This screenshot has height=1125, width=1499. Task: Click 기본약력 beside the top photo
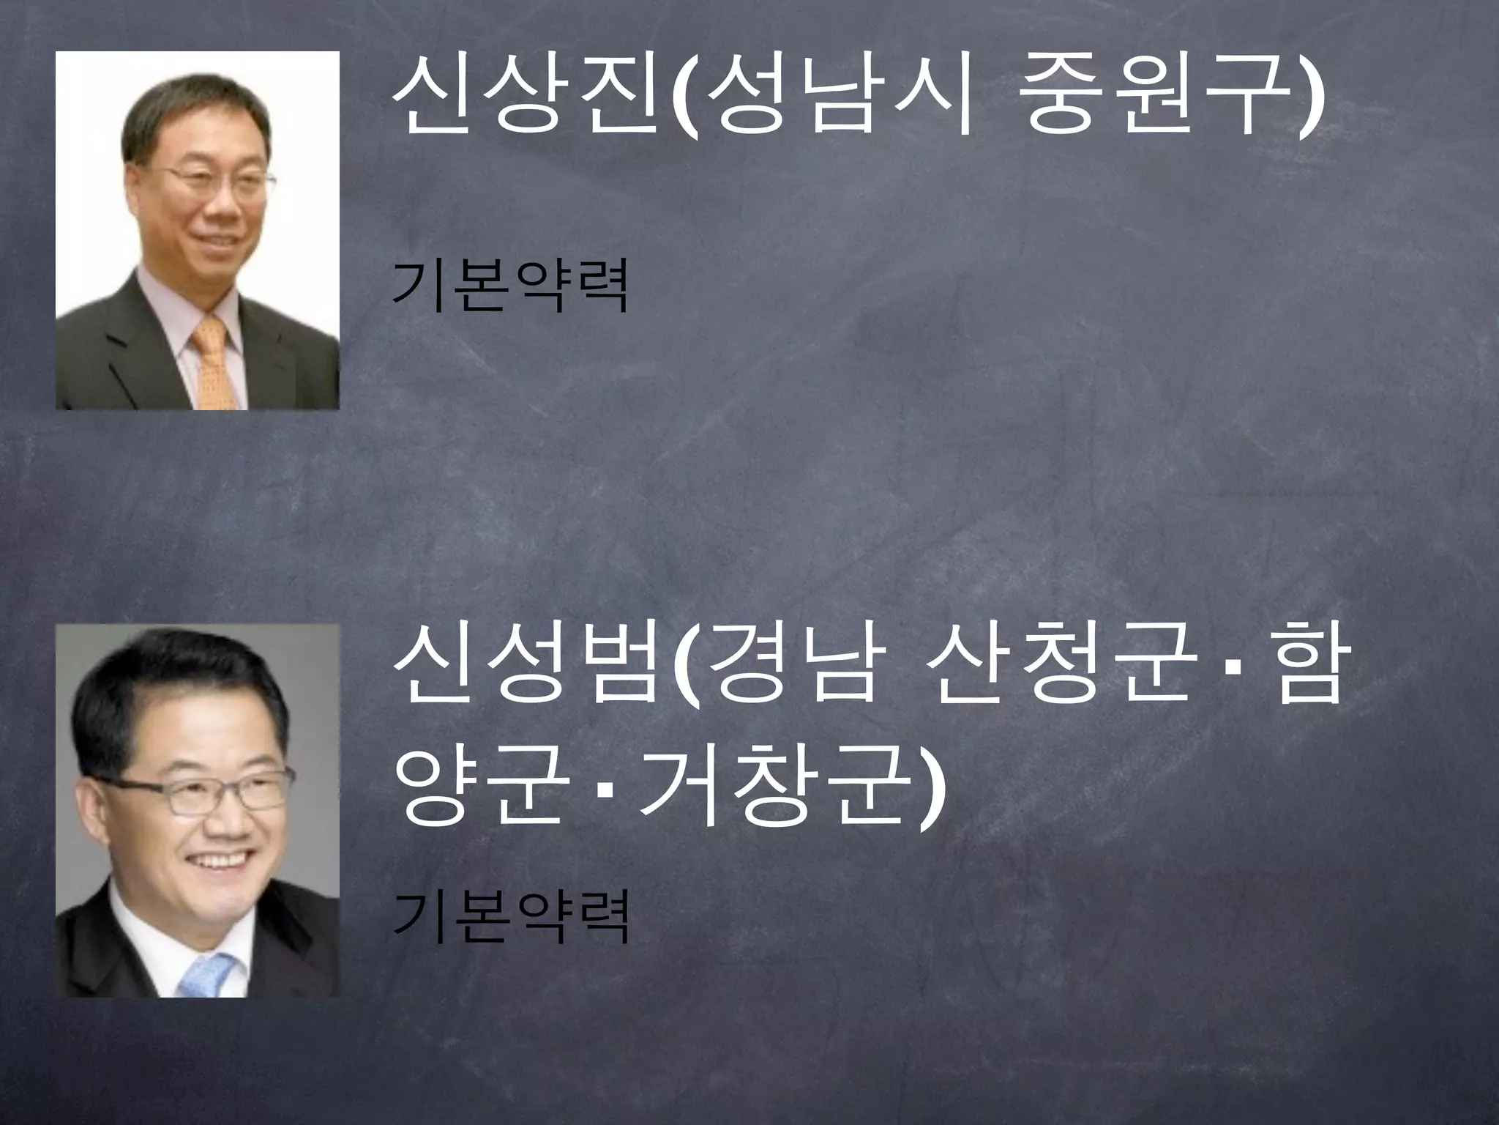[510, 286]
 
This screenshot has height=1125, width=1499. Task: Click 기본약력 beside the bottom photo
[510, 918]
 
